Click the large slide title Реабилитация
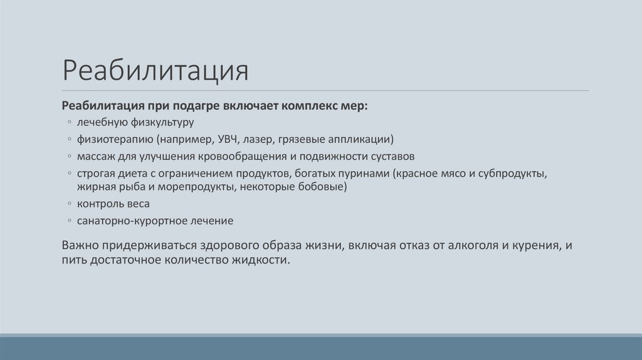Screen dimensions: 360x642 (155, 71)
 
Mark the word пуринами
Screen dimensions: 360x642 (359, 172)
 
